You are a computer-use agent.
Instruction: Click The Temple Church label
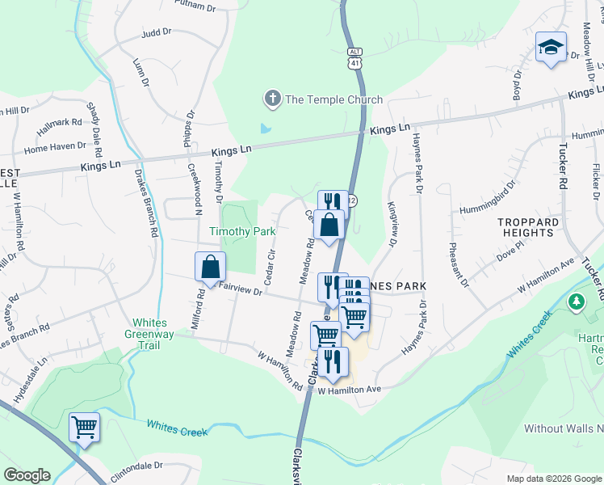click(333, 99)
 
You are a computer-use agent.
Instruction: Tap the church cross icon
click(272, 99)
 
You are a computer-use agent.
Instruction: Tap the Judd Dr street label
click(157, 32)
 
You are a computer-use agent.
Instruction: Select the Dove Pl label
click(511, 255)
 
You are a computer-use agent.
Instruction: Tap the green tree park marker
click(576, 302)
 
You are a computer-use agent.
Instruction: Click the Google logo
click(27, 475)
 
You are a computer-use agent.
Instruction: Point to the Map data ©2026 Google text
click(554, 479)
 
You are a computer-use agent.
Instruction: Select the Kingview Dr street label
click(392, 223)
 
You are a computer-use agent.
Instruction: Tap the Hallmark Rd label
click(59, 127)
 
